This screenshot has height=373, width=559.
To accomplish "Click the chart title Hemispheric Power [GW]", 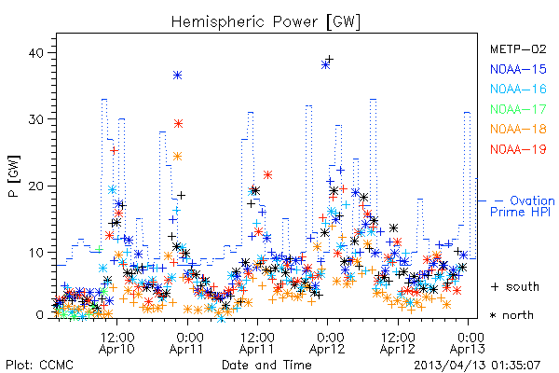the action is (x=266, y=22).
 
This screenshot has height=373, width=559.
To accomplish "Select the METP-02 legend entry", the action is (x=518, y=48).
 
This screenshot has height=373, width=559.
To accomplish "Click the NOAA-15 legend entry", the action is (x=518, y=69).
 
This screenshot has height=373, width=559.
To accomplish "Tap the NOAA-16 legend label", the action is (x=518, y=89).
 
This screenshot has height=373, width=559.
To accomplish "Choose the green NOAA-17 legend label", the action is (x=518, y=109).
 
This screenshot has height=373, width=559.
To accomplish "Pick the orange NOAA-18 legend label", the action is (x=518, y=129).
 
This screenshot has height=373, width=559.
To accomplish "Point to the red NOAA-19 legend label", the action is (x=518, y=149).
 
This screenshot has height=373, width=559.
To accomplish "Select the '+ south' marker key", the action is (x=515, y=286).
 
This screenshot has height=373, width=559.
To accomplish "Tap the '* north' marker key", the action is (x=511, y=315).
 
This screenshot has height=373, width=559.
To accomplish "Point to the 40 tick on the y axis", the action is (x=35, y=53).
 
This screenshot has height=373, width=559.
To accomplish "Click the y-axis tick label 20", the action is (x=35, y=186).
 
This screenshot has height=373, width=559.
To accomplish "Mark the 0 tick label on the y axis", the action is (x=39, y=315).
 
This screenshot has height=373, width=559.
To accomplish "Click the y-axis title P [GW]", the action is (x=15, y=176).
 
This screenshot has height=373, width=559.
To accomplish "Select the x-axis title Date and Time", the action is (x=266, y=365).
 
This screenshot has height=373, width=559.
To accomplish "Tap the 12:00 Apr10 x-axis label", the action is (x=117, y=342).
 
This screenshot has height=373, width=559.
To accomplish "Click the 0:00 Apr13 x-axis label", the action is (x=468, y=342).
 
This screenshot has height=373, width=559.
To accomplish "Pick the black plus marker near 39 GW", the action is (x=330, y=59).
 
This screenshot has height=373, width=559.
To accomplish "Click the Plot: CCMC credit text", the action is (x=39, y=365).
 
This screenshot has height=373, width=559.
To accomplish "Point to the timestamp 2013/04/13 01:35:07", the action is (x=477, y=366).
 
